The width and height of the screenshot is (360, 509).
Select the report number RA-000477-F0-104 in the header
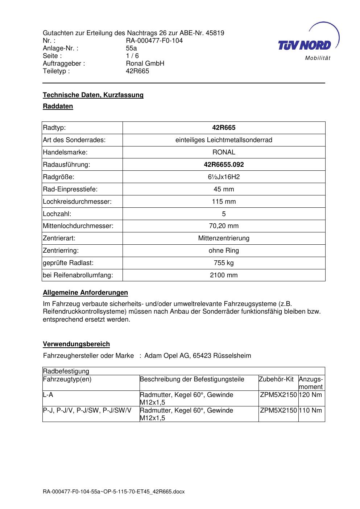coord(154,41)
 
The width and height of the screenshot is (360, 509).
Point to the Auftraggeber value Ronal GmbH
coord(145,63)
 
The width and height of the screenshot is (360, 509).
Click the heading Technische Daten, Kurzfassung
coord(93,95)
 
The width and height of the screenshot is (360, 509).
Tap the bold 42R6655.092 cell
coord(224,165)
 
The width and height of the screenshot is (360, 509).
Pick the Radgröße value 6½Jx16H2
coord(224,177)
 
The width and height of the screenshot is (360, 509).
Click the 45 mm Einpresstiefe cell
coord(224,189)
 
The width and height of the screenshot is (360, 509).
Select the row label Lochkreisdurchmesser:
coord(77,202)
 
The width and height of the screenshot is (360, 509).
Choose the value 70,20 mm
coord(224,226)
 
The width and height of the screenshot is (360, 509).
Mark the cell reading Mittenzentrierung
coord(224,238)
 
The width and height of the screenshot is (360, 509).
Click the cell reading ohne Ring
coord(224,251)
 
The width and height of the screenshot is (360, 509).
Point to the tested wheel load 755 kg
coord(224,263)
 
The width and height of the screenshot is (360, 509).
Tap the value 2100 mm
coord(224,275)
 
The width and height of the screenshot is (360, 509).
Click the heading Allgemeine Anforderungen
coord(85,293)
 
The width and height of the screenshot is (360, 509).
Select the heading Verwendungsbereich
coord(76,344)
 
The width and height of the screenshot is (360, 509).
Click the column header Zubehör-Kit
coord(276,379)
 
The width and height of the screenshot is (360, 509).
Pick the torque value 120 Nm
coord(311,395)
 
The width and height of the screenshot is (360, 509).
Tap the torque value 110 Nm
coord(311,410)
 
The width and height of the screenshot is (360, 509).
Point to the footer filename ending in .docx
coord(113,492)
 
